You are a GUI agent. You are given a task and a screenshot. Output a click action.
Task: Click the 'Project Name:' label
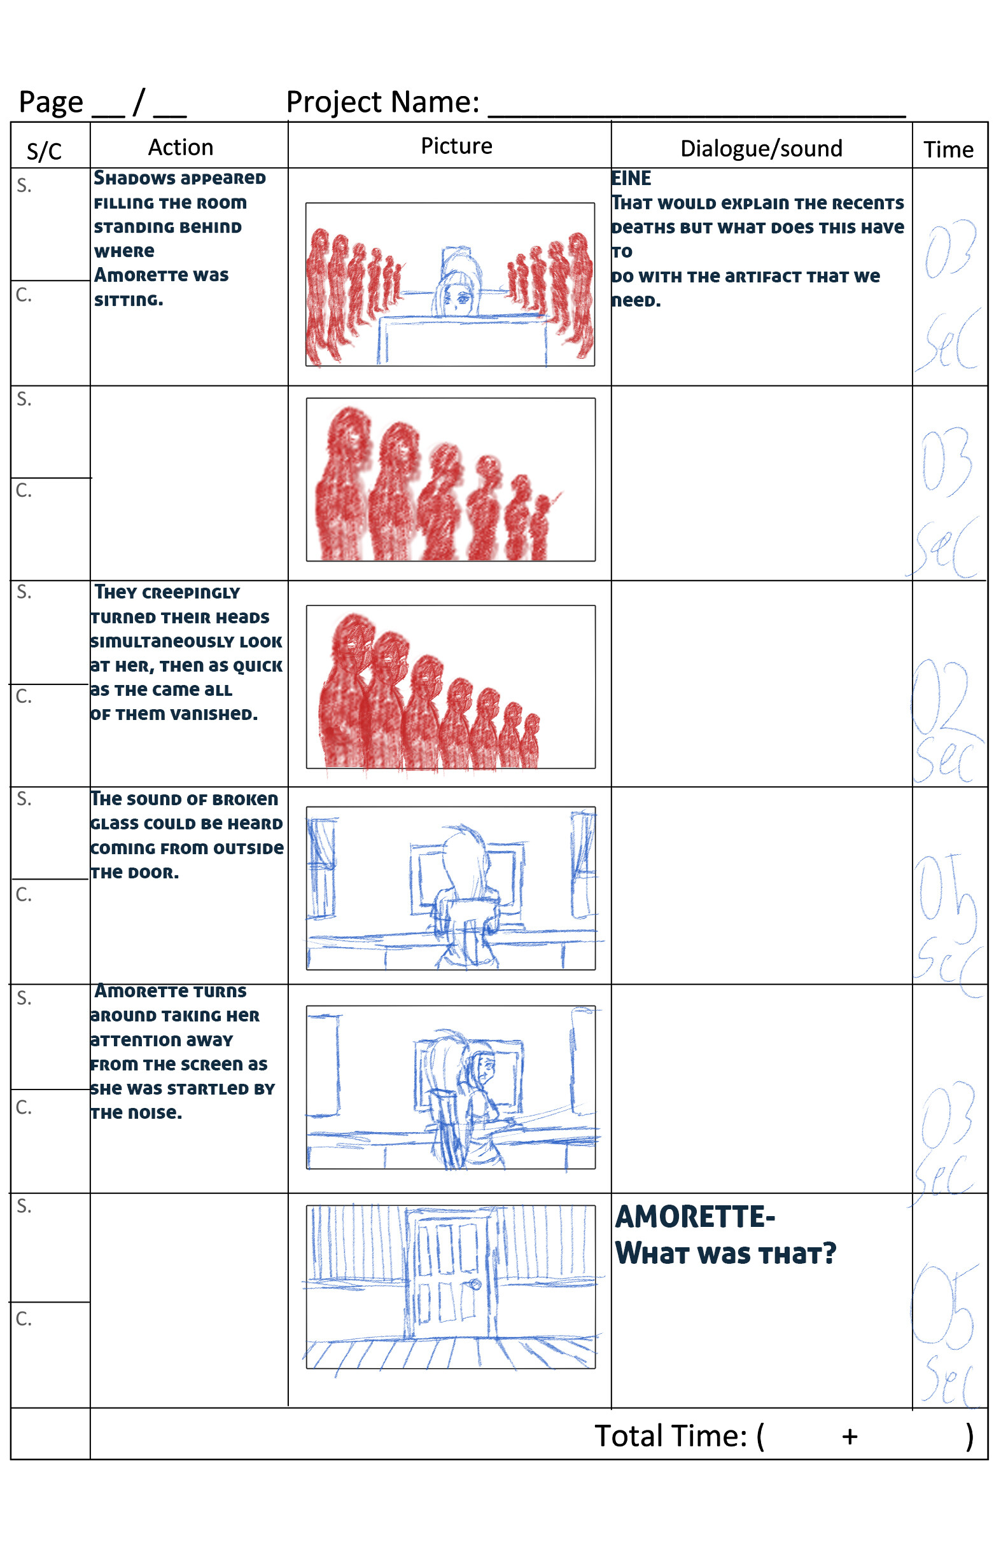[383, 102]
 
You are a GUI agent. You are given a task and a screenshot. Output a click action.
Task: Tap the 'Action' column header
[181, 148]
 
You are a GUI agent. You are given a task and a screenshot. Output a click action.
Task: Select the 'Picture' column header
[456, 146]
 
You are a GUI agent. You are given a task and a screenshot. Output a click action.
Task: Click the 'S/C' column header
[44, 152]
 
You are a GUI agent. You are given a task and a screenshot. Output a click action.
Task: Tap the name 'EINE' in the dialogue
[631, 179]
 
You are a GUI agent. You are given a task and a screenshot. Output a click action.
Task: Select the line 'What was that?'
[725, 1254]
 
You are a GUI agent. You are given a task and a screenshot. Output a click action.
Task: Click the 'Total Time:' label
[670, 1437]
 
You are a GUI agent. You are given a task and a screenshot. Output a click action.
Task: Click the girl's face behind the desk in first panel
[457, 298]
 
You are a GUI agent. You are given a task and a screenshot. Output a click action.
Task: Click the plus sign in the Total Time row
[850, 1437]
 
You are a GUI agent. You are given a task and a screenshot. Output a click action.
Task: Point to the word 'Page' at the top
[51, 102]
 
